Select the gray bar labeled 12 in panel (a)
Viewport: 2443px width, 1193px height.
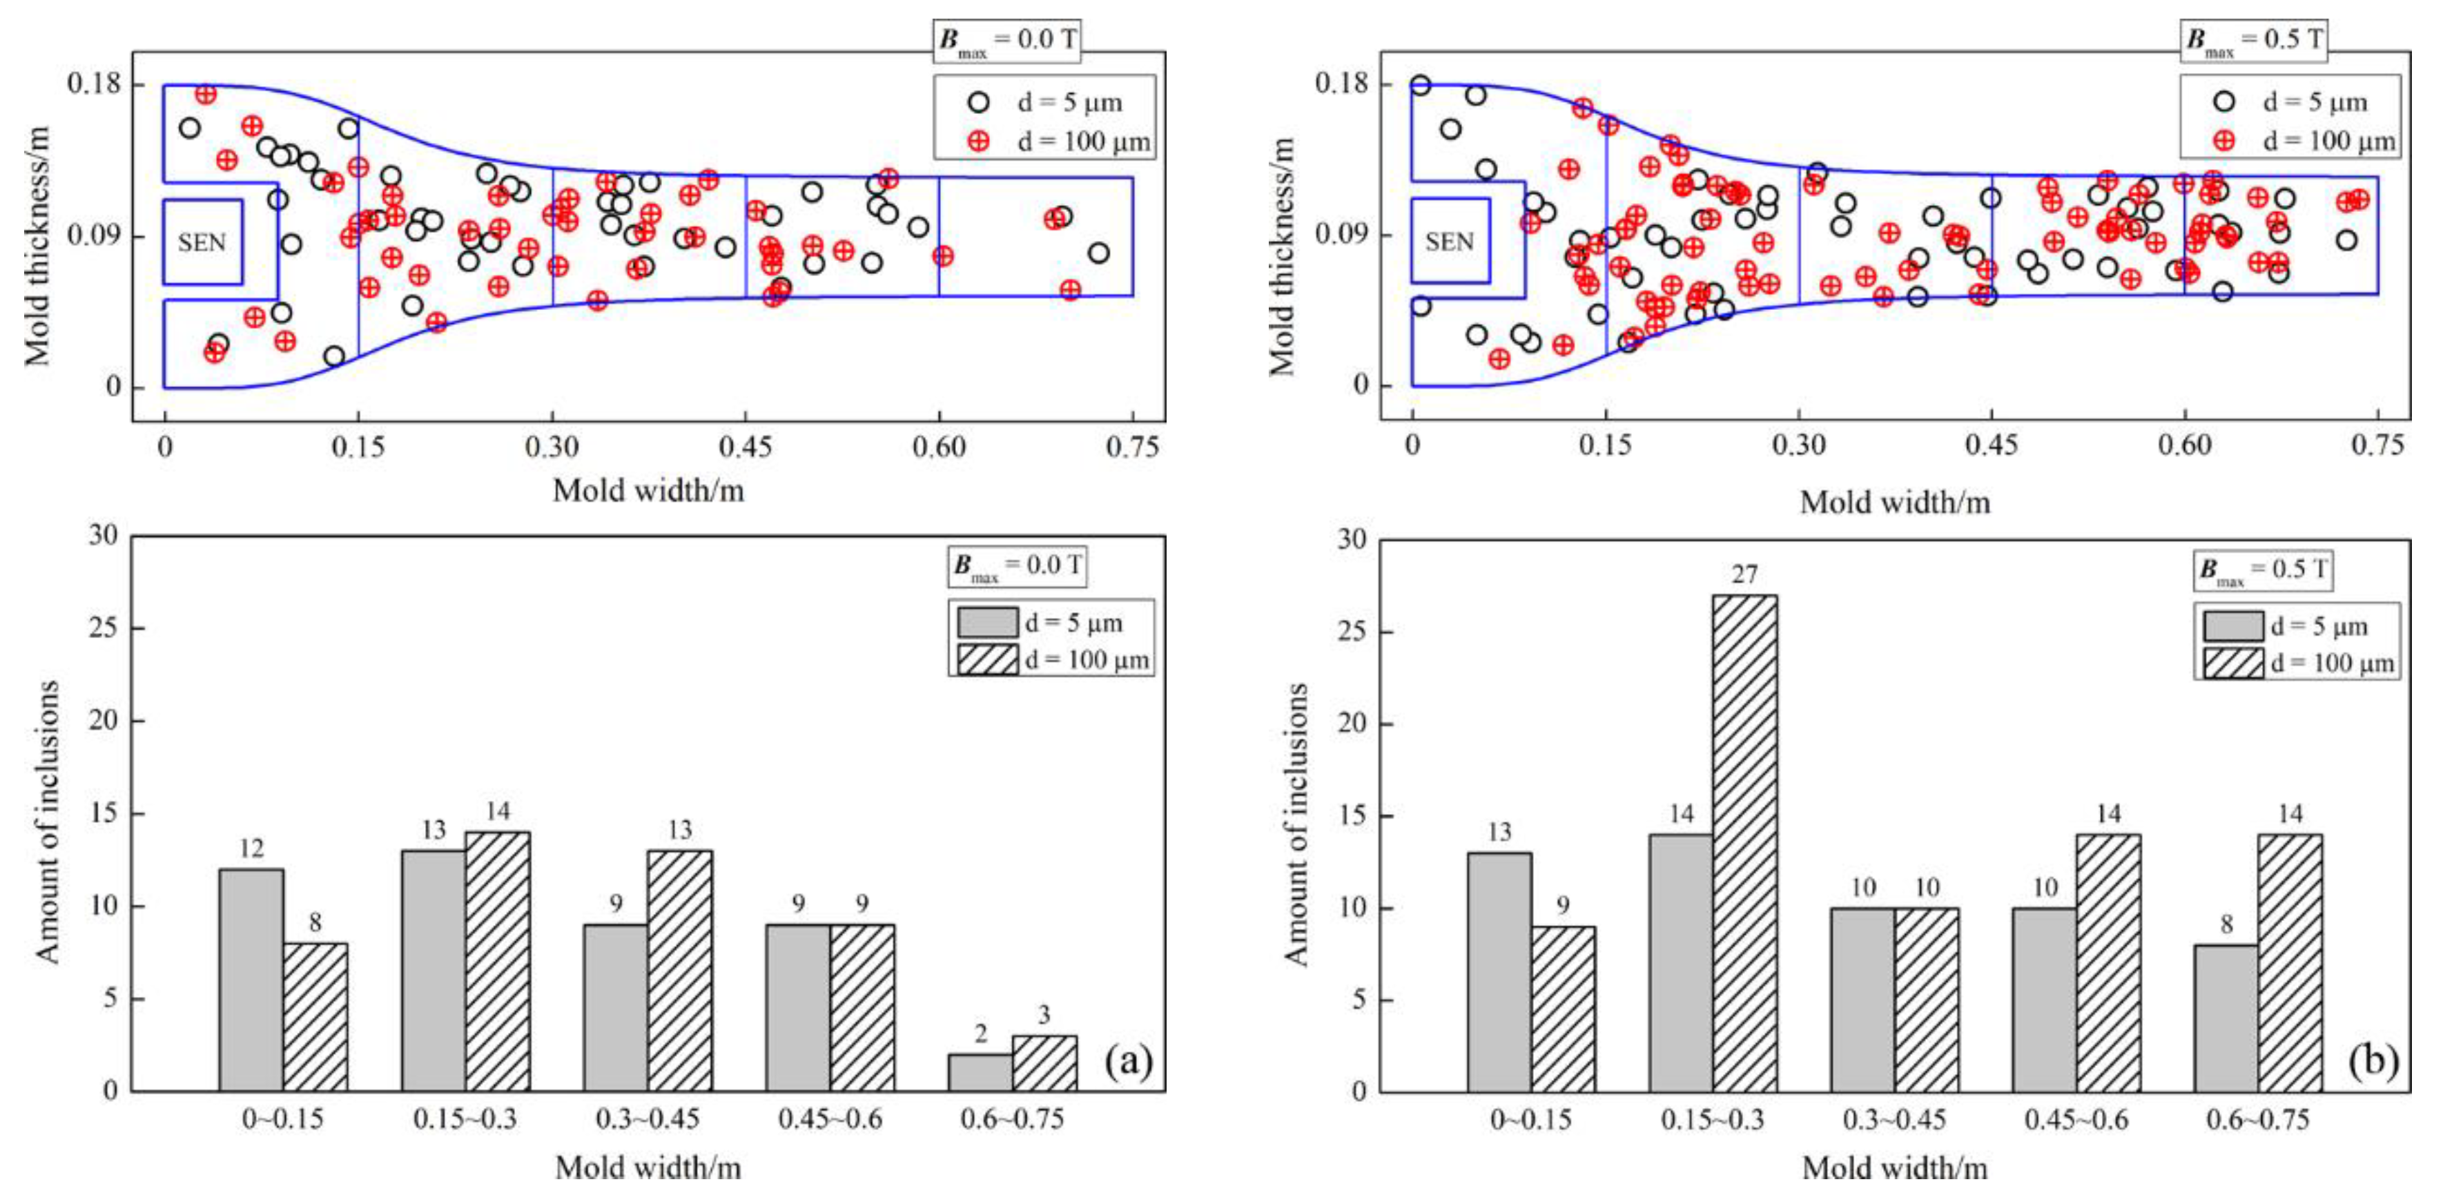[x=251, y=979]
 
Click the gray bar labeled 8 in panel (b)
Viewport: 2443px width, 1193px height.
[x=2226, y=1017]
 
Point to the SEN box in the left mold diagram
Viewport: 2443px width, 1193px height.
[x=202, y=242]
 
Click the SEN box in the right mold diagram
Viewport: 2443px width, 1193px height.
[x=1449, y=241]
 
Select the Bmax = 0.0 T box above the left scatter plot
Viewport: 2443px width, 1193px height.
[x=1007, y=41]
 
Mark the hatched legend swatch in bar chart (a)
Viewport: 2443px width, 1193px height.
[x=987, y=659]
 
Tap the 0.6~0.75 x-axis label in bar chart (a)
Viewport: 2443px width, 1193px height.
[x=1012, y=1119]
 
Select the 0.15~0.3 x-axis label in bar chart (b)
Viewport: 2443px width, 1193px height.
[x=1712, y=1120]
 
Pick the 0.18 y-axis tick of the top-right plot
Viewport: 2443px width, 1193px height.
[x=1342, y=84]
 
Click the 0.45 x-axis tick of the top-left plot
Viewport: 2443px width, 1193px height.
[x=746, y=447]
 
